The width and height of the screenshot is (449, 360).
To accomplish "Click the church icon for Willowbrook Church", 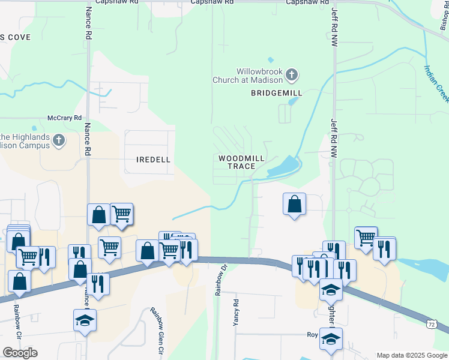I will [x=292, y=75].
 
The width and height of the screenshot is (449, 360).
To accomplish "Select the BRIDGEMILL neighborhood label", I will [x=277, y=94].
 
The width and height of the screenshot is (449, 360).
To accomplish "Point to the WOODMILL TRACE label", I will [x=241, y=162].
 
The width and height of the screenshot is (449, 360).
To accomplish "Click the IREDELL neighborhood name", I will [x=154, y=160].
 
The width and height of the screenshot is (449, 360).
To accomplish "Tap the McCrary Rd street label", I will [x=65, y=118].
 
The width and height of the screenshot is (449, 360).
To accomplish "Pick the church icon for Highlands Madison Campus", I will [x=58, y=140].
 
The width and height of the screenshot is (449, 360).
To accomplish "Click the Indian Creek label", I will [x=436, y=83].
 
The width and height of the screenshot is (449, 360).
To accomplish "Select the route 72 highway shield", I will [x=432, y=324].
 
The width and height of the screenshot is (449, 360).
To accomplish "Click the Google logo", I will [x=20, y=353].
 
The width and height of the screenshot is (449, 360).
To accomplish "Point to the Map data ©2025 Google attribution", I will [x=412, y=355].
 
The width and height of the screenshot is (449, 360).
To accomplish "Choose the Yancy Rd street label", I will [x=236, y=312].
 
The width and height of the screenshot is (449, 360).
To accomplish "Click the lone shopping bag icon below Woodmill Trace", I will [x=294, y=204].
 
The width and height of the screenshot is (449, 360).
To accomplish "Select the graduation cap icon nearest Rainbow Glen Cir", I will [x=85, y=320].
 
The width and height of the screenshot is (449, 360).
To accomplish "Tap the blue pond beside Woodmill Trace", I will [x=284, y=166].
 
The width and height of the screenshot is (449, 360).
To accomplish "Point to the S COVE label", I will [x=15, y=37].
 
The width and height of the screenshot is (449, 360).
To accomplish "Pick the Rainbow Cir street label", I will [x=16, y=321].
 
